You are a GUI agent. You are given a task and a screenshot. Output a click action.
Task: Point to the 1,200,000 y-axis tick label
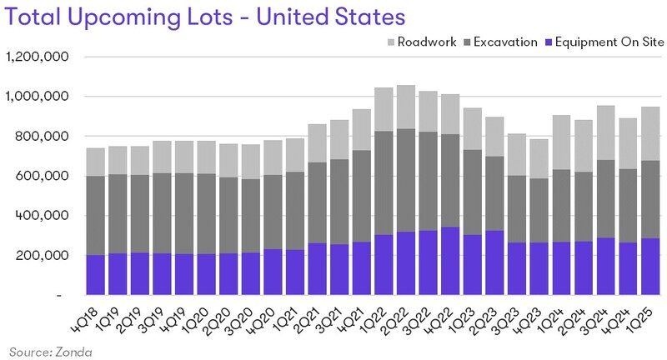click(39, 57)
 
